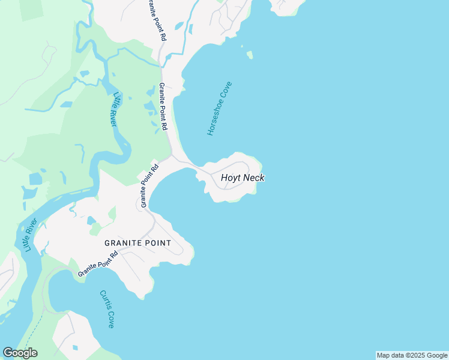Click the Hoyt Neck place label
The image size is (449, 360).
pos(243,178)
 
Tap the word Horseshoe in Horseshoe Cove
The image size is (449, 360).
pos(214,116)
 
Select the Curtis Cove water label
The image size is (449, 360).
pos(107,309)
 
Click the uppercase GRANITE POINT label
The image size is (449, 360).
pos(137,243)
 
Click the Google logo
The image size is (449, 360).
pos(20,353)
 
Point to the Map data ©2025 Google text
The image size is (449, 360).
pos(412,355)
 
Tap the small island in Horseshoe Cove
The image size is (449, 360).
pos(249,55)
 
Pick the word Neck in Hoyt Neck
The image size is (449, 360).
pos(254,178)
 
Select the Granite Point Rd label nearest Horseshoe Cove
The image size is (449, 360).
pos(163,108)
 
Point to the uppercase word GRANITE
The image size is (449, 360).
pos(122,243)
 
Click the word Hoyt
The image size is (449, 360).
pos(231,178)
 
